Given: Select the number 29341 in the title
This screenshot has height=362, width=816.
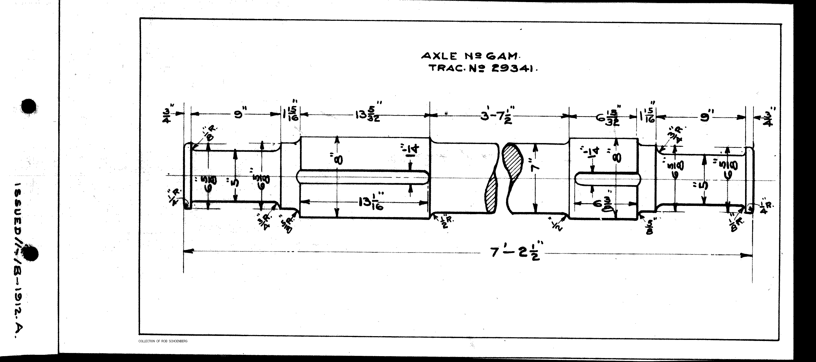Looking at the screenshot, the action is click(x=513, y=68).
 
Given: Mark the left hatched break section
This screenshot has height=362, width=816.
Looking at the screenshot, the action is click(x=491, y=193).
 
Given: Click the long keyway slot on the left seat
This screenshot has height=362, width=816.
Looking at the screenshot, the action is click(x=363, y=177).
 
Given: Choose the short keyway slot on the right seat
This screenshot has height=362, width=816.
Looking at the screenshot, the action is click(x=606, y=179).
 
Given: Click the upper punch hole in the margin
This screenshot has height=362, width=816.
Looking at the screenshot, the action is click(x=29, y=106).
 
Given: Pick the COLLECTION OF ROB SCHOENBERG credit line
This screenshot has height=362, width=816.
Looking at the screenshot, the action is click(x=163, y=341).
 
